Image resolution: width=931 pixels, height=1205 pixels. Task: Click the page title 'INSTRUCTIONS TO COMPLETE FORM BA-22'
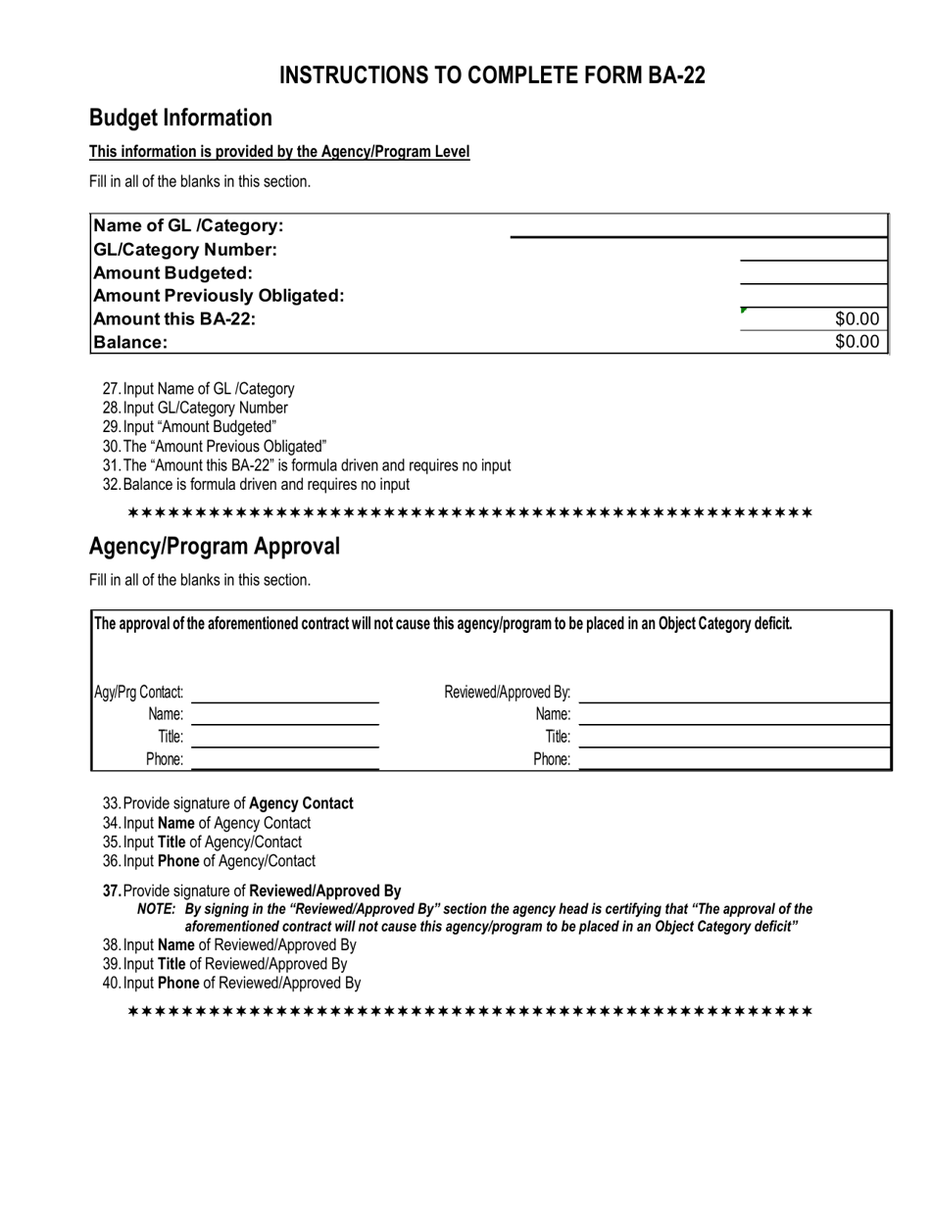click(492, 76)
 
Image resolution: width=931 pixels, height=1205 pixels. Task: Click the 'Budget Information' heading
click(180, 119)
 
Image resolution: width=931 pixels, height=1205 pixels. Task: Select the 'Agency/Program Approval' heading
click(215, 547)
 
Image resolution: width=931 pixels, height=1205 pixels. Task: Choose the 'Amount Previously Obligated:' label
click(218, 296)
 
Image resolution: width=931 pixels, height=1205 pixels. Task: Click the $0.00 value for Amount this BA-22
click(857, 318)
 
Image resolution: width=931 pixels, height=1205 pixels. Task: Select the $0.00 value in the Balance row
click(857, 342)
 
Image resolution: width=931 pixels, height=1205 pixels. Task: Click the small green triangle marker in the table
click(744, 311)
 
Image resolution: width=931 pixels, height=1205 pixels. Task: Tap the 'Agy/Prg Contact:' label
click(138, 693)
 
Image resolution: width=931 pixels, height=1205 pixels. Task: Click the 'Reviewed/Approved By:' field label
click(507, 693)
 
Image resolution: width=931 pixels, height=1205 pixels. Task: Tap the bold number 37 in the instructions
click(112, 892)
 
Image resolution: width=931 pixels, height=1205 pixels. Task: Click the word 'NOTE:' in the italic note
click(156, 909)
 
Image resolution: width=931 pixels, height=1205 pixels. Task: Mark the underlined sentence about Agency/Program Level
click(279, 152)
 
